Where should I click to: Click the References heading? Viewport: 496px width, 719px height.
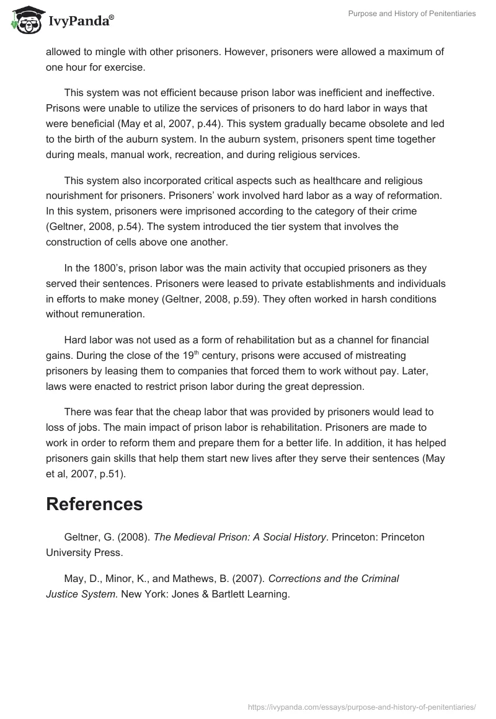coord(94,504)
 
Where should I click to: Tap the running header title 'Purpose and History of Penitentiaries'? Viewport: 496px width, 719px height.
coord(410,13)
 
